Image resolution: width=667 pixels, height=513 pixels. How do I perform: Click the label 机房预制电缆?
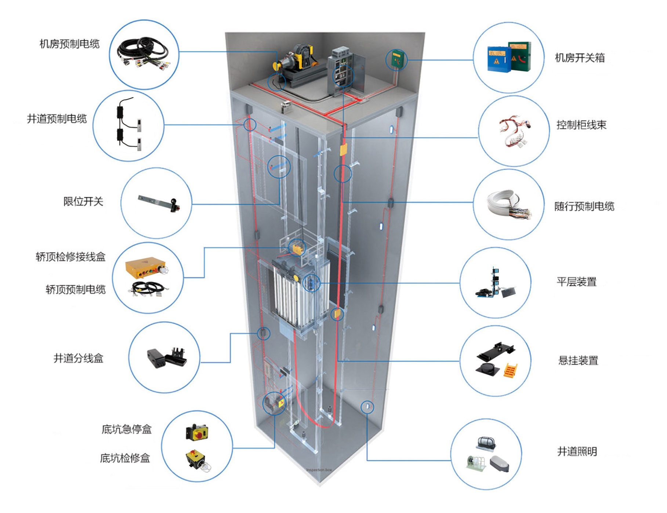(69, 44)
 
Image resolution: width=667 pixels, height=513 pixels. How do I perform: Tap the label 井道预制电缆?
(57, 119)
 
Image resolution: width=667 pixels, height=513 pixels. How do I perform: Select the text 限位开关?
(83, 201)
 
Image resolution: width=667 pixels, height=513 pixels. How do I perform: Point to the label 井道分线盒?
(79, 358)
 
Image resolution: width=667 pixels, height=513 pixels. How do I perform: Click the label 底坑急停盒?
(127, 429)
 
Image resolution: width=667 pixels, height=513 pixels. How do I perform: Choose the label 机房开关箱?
(580, 58)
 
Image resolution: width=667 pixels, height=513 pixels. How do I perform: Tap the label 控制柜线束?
(581, 125)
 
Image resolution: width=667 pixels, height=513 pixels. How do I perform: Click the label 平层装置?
(576, 282)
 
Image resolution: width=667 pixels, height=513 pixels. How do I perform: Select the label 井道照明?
(577, 451)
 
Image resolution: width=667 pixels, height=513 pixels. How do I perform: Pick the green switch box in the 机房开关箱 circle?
(520, 56)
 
